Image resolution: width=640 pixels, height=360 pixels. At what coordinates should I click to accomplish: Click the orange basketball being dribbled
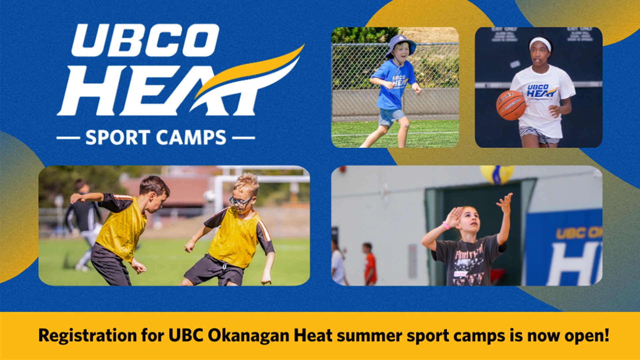(511, 105)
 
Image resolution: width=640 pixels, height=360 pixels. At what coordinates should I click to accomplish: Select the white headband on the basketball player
(540, 42)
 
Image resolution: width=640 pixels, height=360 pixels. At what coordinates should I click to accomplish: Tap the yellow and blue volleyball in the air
(497, 174)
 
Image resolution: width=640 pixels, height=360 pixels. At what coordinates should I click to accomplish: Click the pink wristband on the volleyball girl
(446, 226)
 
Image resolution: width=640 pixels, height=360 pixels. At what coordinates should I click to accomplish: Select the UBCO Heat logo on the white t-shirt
(542, 91)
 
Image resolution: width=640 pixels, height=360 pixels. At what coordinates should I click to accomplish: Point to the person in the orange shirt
(370, 265)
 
